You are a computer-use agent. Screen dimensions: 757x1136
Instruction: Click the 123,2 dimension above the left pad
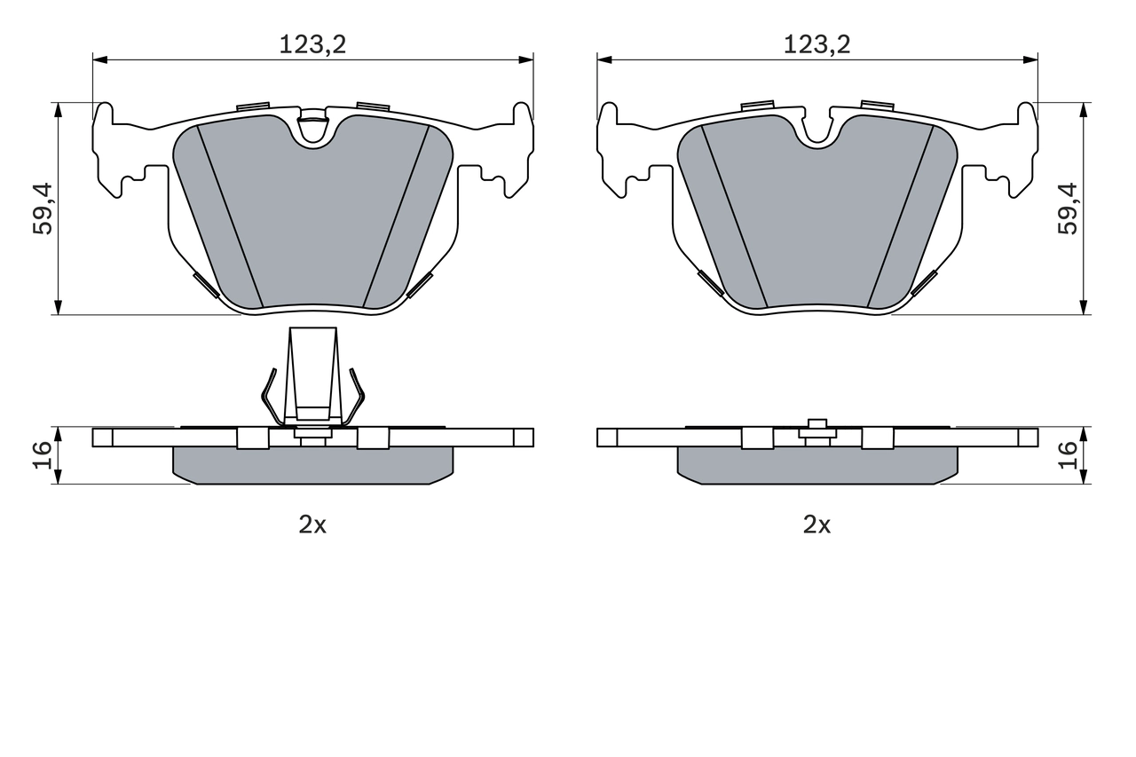click(312, 43)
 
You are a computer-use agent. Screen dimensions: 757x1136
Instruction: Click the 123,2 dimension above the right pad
click(816, 43)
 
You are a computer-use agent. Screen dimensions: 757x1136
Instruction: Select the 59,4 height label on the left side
click(42, 209)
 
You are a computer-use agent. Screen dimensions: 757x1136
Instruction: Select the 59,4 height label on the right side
click(1068, 209)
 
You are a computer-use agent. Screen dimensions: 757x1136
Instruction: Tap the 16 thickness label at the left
click(42, 455)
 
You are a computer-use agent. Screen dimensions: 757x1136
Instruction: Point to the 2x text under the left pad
click(312, 524)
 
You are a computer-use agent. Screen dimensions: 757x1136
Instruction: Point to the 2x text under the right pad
click(816, 524)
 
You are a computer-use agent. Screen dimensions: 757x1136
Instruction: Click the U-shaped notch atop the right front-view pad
click(817, 130)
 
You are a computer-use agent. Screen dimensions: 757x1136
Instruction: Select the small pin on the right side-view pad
click(817, 429)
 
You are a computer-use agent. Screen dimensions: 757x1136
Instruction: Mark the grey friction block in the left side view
click(312, 465)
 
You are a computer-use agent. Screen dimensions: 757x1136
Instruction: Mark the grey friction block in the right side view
click(817, 465)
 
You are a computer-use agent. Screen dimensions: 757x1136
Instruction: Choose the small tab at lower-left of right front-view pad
click(709, 282)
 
